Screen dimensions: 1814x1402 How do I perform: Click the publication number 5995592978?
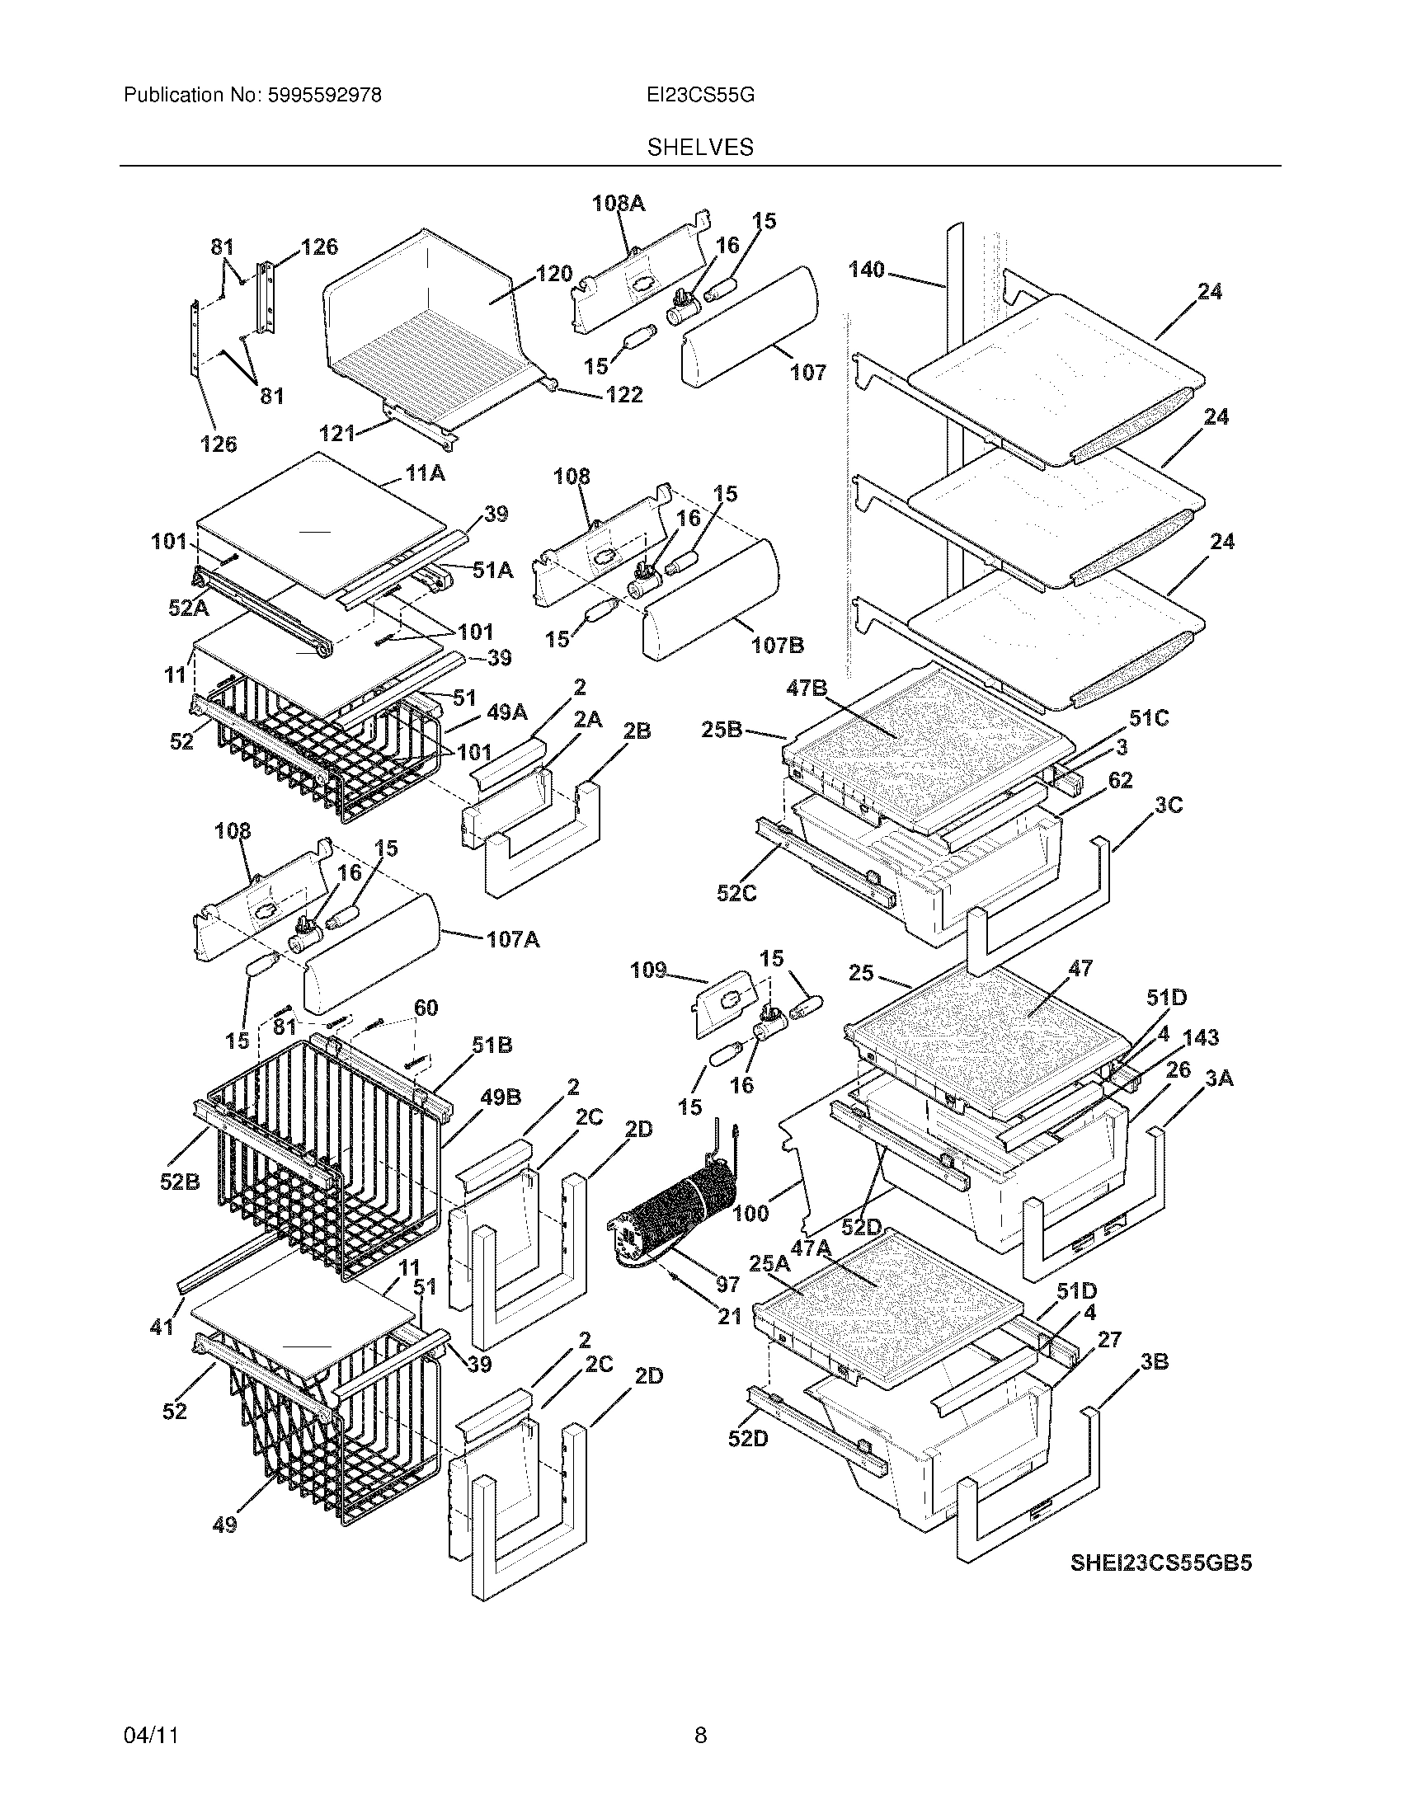point(324,96)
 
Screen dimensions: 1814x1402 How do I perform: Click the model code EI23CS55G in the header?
point(700,96)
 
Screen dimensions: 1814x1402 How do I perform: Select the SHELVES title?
point(700,148)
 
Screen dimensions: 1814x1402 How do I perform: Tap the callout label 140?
point(866,270)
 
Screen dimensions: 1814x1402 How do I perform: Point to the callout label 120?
point(554,273)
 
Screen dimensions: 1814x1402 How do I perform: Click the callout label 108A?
point(618,204)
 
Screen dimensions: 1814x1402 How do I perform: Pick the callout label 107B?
point(778,645)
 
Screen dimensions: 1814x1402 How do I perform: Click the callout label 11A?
point(425,474)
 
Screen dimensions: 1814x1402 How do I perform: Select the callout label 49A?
point(506,712)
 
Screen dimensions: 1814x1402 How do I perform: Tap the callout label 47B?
point(807,688)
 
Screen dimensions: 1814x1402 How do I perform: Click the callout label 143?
point(1200,1037)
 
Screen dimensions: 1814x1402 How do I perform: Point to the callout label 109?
point(648,970)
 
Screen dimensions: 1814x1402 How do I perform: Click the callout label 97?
point(727,1285)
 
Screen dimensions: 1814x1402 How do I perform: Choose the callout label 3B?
point(1155,1362)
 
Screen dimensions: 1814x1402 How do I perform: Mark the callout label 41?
point(161,1327)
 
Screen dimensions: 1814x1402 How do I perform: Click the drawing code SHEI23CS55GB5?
point(1160,1563)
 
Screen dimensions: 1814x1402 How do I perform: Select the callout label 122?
point(623,394)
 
